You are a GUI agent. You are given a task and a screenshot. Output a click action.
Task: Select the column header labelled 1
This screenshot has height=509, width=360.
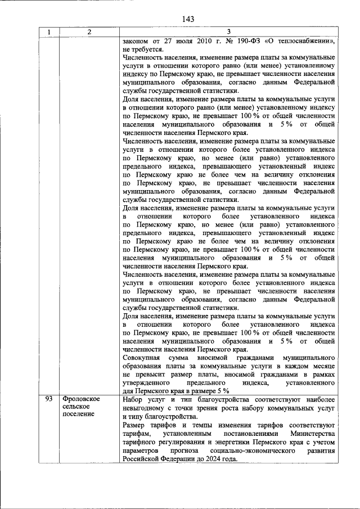[x=49, y=32]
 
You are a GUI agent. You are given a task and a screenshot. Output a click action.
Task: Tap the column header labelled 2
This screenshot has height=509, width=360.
[x=90, y=32]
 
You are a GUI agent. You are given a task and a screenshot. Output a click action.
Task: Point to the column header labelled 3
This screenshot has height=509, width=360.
[x=228, y=32]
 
